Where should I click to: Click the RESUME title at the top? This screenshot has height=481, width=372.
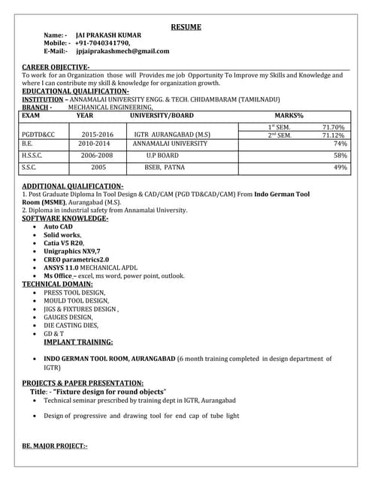coord(186,27)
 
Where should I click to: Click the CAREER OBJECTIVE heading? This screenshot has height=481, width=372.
coord(56,68)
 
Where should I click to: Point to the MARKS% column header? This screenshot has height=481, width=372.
coord(289,116)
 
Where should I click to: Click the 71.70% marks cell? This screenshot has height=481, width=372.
coord(333,127)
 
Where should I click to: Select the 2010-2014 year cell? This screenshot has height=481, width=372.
coord(94,143)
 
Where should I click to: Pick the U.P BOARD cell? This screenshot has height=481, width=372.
coord(162,156)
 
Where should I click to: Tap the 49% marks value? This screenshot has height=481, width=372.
coord(340,168)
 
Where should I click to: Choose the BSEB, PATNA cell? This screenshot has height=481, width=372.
coord(164,168)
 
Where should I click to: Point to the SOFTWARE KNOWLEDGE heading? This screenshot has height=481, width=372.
coord(65,218)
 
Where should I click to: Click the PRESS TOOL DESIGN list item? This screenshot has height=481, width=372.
coord(74,292)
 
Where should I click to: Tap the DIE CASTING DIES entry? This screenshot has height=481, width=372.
coord(71,325)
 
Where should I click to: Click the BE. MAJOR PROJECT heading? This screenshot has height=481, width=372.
coord(55,446)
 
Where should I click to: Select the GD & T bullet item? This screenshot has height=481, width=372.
coord(54,334)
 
